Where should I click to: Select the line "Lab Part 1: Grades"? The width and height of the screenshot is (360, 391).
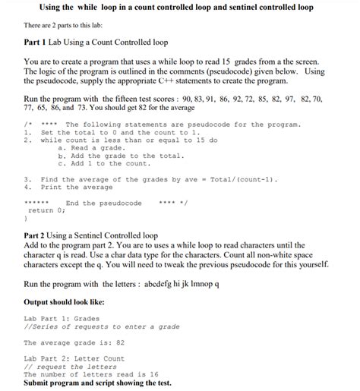click(x=62, y=318)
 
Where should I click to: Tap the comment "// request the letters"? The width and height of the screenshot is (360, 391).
click(x=70, y=367)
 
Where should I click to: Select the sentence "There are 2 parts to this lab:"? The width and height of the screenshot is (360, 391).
click(x=75, y=26)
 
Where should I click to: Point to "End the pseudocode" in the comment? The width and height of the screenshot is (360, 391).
click(x=103, y=203)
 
